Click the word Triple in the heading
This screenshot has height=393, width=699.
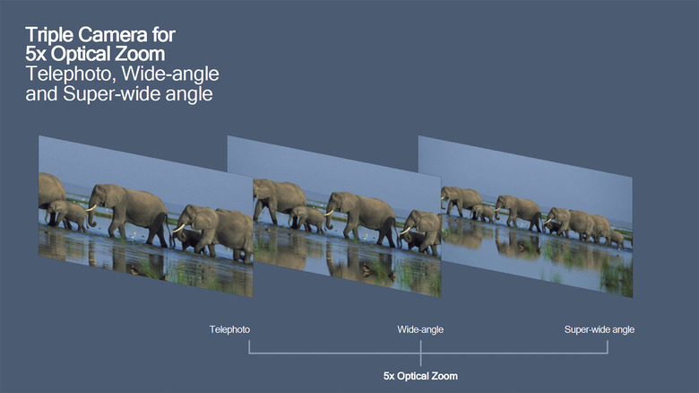[x=49, y=35]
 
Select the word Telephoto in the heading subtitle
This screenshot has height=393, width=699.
[x=72, y=74]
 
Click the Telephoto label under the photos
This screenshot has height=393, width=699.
[x=229, y=329]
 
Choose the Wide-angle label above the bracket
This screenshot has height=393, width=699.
[x=420, y=329]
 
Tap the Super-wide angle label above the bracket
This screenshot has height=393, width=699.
[x=600, y=329]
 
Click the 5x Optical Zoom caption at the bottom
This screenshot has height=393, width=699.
[x=420, y=376]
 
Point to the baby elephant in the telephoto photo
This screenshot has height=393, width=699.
[x=67, y=214]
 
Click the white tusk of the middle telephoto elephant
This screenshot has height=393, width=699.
[x=91, y=208]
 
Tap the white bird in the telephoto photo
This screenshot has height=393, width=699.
[x=133, y=233]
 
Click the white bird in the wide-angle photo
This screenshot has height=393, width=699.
[x=366, y=236]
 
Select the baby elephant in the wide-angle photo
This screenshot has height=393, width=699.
[x=307, y=218]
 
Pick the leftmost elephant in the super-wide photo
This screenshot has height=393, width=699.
[x=461, y=200]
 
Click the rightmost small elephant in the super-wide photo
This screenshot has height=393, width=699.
[x=616, y=239]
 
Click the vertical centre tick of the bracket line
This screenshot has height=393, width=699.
[x=420, y=353]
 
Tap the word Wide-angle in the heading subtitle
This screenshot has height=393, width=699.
[x=170, y=74]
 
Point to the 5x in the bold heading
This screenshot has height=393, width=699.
[x=36, y=54]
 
